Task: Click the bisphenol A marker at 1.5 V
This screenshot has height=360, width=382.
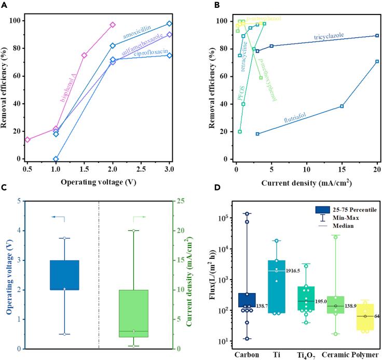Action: click(84, 55)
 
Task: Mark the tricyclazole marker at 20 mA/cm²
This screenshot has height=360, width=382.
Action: click(377, 35)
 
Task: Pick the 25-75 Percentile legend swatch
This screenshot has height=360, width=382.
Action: click(324, 210)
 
